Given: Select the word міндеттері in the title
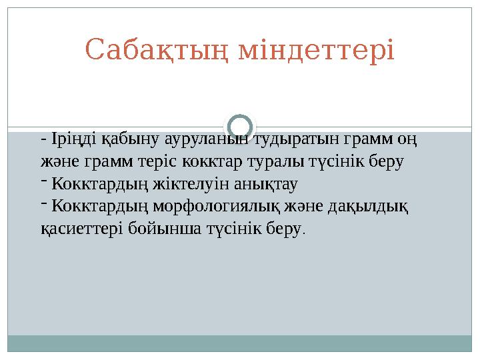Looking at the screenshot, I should click(317, 49).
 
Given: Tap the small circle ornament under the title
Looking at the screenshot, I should click(240, 126).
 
